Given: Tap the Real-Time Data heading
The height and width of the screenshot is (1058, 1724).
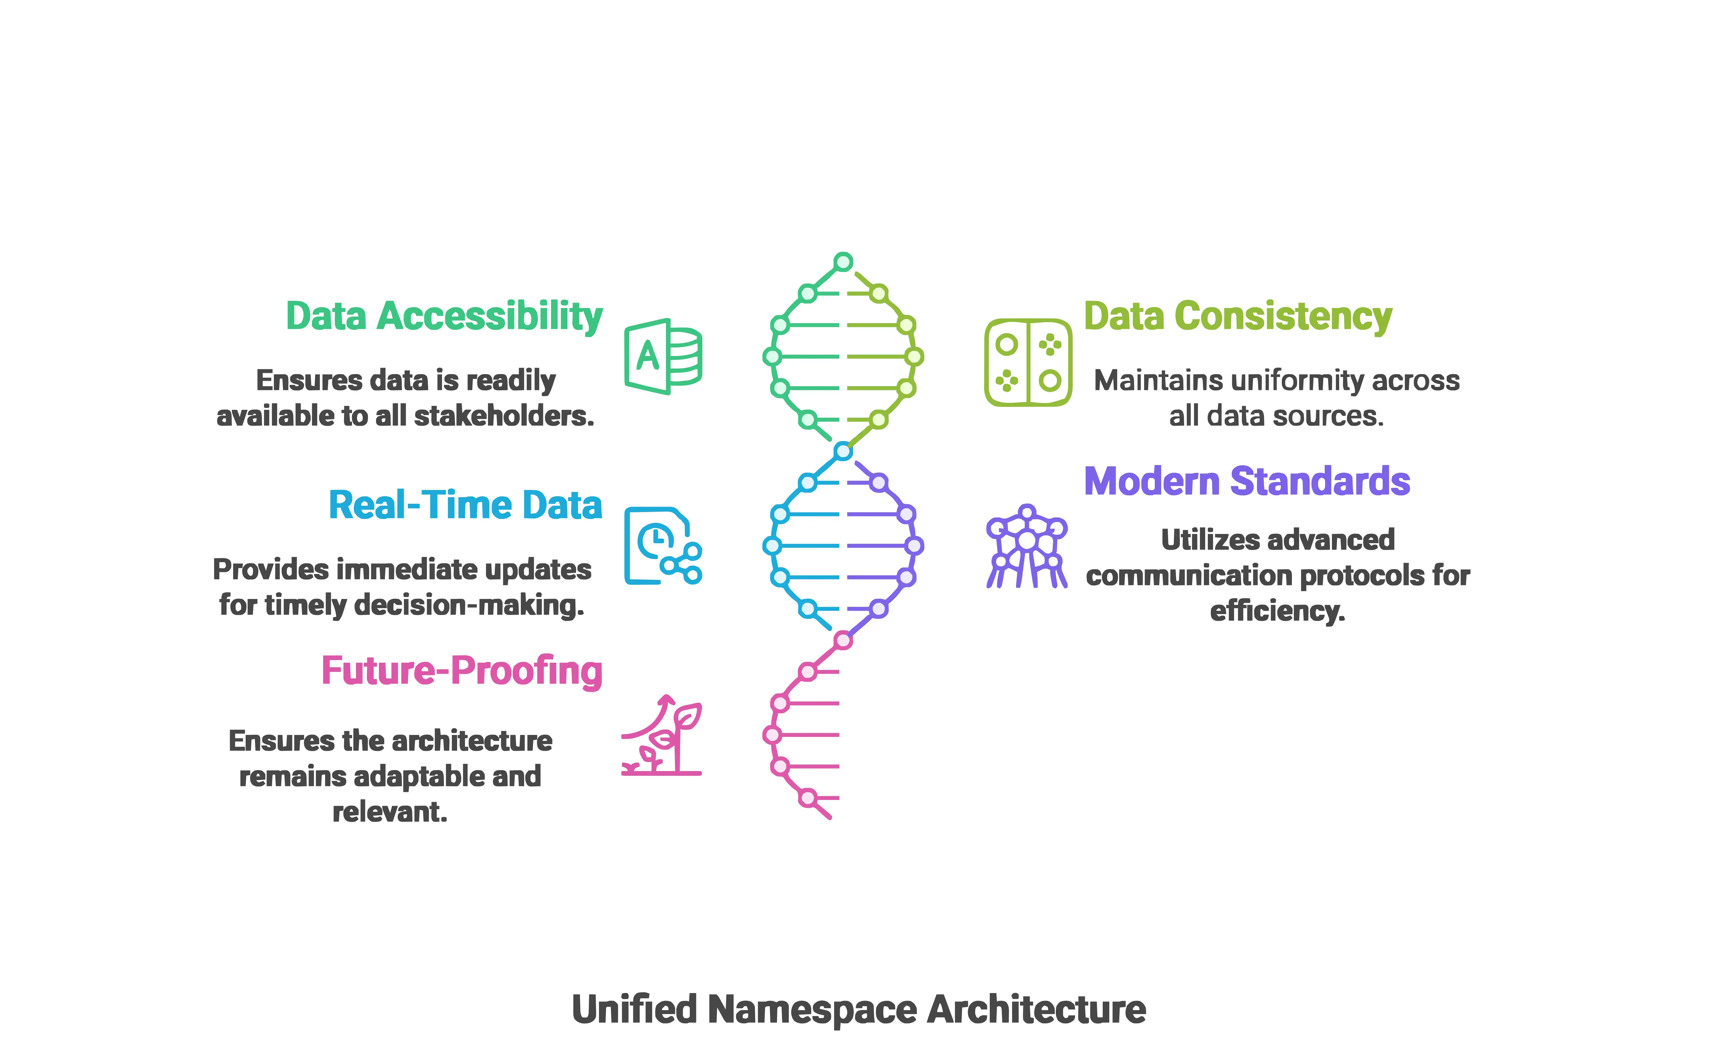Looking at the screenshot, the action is point(465,505).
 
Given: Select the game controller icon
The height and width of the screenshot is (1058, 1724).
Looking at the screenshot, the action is point(1028,363).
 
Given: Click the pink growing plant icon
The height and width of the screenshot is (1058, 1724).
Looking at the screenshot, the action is point(662,735).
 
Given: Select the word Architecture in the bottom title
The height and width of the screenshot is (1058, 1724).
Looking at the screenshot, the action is point(1037,1010).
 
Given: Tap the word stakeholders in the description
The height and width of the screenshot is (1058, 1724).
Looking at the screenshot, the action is point(504,416).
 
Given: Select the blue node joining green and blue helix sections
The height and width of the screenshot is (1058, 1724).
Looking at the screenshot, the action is point(843,451).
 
